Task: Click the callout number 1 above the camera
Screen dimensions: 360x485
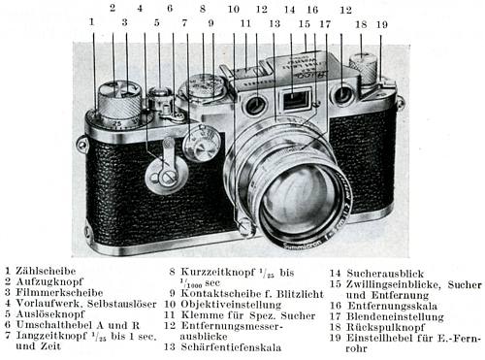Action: point(92,19)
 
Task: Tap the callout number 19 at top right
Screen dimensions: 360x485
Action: point(382,22)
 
